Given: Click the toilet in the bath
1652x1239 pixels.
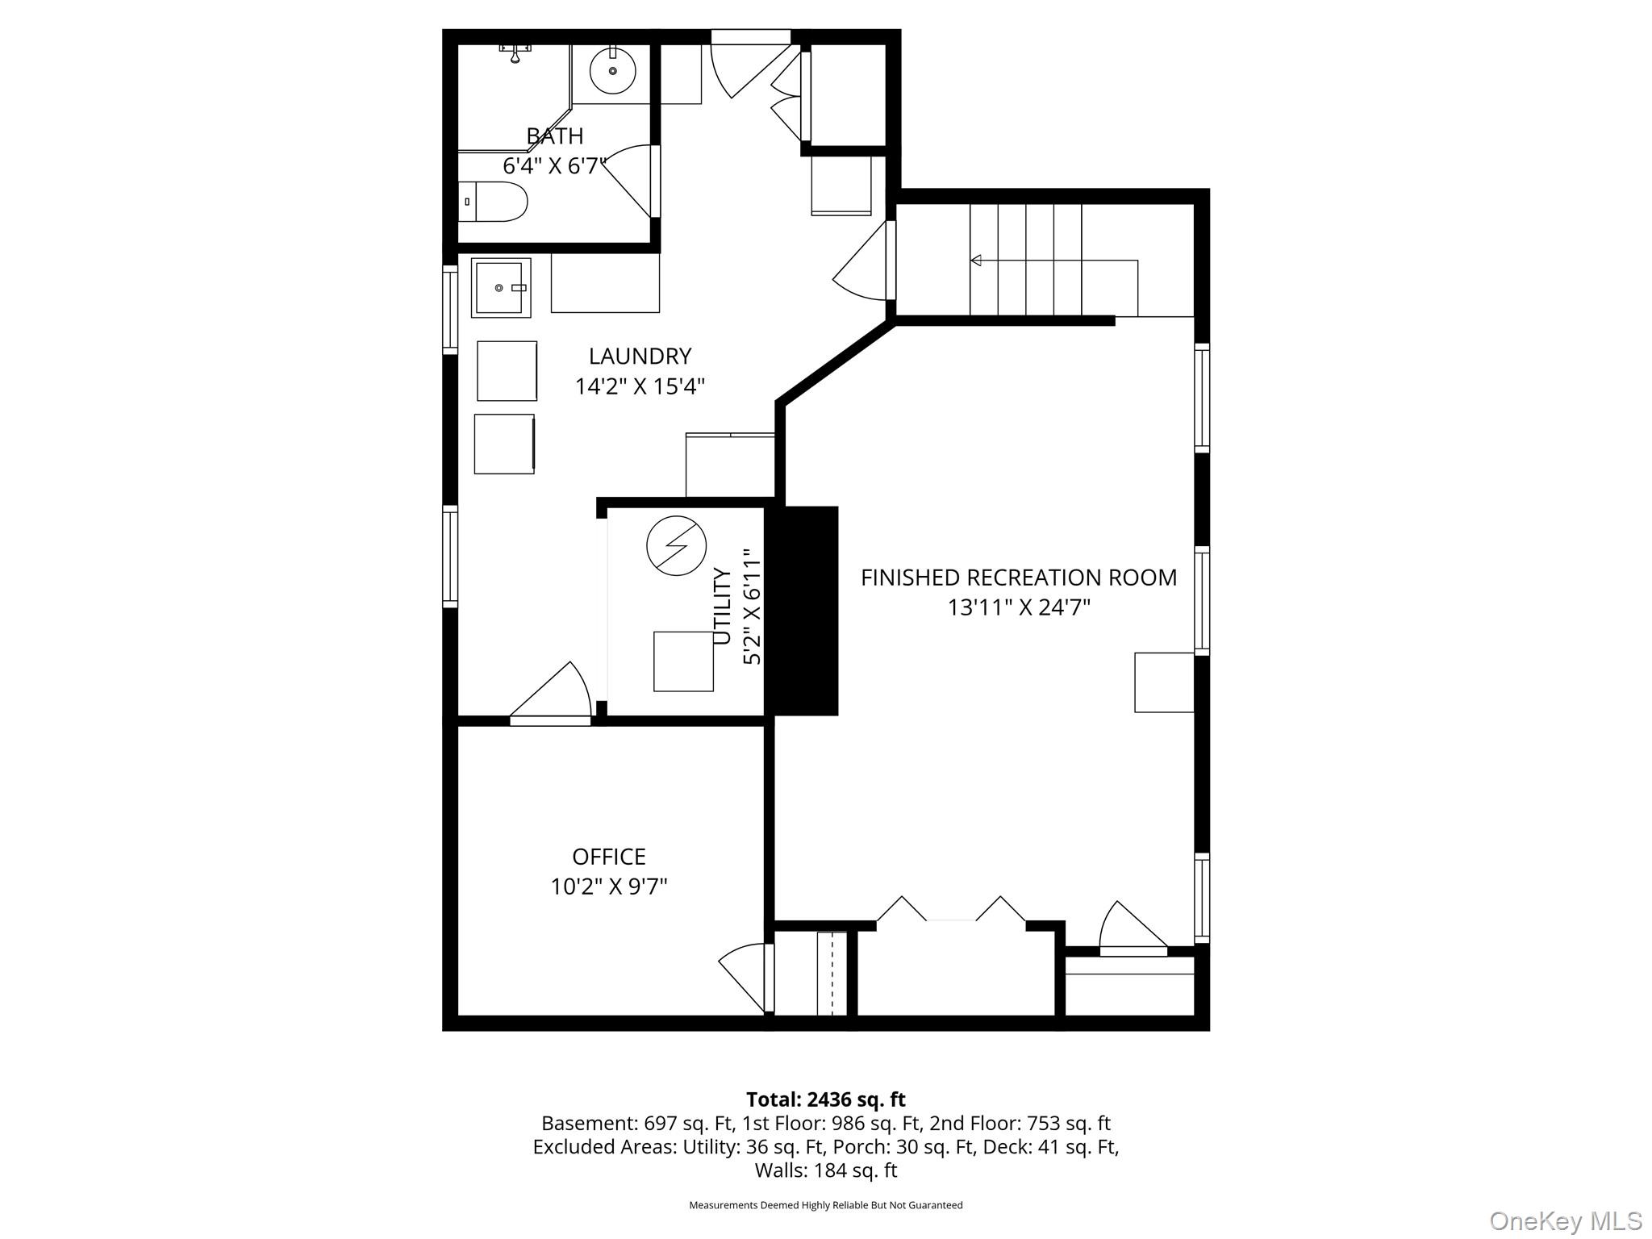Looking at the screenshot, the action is coord(493,202).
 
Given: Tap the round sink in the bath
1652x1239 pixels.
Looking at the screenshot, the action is coord(612,71).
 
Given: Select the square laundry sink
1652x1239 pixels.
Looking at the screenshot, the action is coord(501,288).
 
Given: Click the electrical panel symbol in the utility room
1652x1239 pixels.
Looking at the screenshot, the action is coord(677,545).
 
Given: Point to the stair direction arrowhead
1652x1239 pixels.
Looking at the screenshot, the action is coord(976,260).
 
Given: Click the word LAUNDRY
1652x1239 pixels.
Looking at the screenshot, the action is coord(640,356).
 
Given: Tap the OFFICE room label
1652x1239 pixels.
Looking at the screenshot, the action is coord(609,856).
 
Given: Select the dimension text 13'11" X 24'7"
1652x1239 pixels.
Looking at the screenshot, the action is coord(1019,607).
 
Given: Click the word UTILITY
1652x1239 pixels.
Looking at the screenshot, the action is coord(723,607).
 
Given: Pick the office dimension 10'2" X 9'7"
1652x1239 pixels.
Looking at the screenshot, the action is coord(609,886).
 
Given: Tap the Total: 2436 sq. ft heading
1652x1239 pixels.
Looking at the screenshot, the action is coord(826,1099).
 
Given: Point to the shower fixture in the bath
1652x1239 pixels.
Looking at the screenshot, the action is coord(515,53).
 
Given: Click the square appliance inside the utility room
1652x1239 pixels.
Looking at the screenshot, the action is coord(683,661).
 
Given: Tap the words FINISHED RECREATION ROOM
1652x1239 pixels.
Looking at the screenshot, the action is coord(1019,578).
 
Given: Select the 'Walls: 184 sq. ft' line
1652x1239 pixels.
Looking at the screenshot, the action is coord(826,1170).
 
